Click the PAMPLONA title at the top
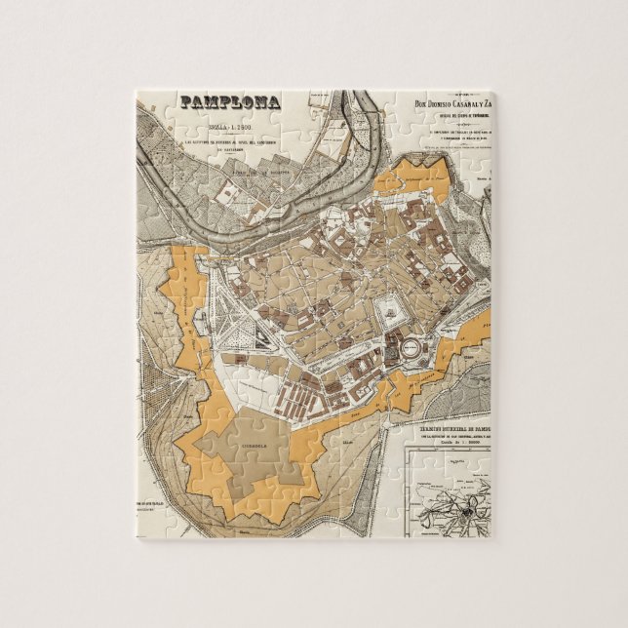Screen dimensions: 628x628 [228, 100]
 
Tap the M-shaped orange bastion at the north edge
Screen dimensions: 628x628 [418, 175]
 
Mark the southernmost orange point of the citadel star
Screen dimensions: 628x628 [283, 497]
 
